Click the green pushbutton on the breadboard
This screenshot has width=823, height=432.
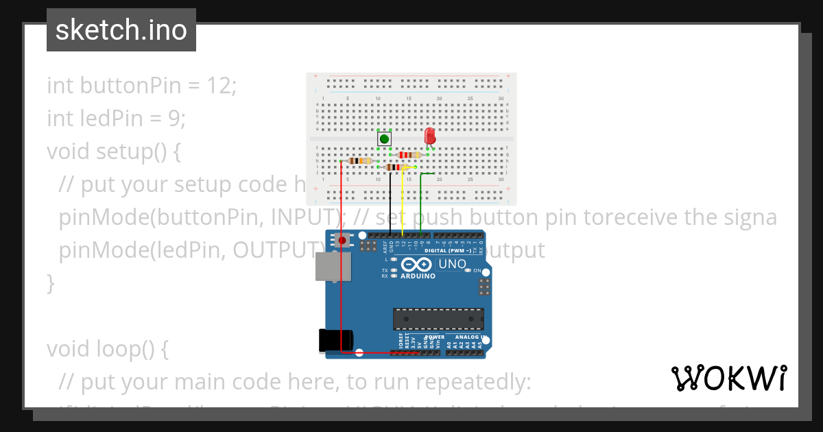click(x=384, y=139)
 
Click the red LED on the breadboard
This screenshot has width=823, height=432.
click(x=430, y=135)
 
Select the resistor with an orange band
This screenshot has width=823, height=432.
click(x=360, y=161)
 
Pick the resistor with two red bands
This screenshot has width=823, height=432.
click(x=409, y=155)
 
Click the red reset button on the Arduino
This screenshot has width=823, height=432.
click(x=342, y=240)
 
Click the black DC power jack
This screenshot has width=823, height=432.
click(x=336, y=341)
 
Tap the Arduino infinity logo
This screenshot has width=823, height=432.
click(x=416, y=265)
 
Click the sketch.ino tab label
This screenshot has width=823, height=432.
click(x=121, y=30)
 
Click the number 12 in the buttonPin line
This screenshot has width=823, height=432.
click(x=218, y=86)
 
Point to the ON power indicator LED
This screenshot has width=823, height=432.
click(x=468, y=270)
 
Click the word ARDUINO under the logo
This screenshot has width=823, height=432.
click(x=417, y=276)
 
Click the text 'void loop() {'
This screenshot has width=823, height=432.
click(x=107, y=349)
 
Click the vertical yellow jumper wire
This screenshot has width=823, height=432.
click(x=402, y=202)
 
